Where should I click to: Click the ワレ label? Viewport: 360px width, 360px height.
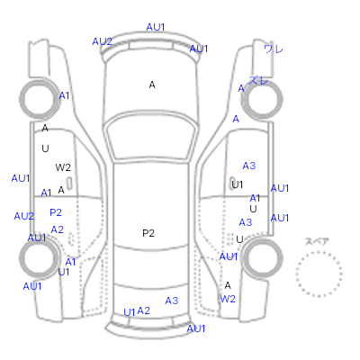[x=274, y=49]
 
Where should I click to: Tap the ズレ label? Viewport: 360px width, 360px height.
[x=258, y=80]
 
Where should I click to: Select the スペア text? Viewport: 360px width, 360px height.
[x=317, y=241]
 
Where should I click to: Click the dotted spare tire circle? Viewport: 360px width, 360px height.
[x=319, y=252]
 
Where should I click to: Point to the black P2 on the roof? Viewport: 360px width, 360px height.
[x=148, y=233]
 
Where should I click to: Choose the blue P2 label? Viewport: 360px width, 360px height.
[x=56, y=212]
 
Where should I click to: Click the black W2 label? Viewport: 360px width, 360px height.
[x=63, y=167]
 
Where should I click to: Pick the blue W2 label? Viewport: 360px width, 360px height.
[x=228, y=299]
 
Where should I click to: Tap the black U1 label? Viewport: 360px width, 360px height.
[x=237, y=184]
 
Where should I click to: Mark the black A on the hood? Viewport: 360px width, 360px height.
[x=152, y=85]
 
